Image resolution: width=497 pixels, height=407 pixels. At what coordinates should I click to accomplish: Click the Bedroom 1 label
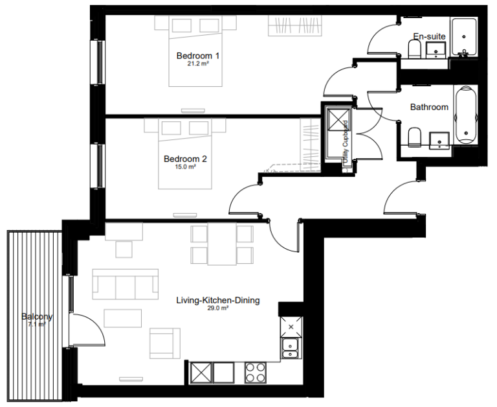(x=198, y=56)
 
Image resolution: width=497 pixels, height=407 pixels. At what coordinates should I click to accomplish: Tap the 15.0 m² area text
(x=185, y=167)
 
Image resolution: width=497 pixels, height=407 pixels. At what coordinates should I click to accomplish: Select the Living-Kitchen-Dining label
(x=218, y=300)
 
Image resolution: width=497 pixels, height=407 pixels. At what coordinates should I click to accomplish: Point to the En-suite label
(x=429, y=36)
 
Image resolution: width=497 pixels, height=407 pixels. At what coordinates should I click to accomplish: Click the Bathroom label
(x=429, y=107)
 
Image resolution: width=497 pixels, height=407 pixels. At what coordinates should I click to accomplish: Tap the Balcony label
(x=36, y=317)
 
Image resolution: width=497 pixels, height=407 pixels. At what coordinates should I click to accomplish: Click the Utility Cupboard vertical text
(x=346, y=139)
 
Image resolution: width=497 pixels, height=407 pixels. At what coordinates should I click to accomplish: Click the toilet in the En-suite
(x=415, y=49)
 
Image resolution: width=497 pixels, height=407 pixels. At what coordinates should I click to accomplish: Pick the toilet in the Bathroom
(x=415, y=137)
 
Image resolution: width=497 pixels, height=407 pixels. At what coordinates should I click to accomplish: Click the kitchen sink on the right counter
(x=291, y=348)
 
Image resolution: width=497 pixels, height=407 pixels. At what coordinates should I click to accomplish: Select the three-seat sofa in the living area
(x=126, y=284)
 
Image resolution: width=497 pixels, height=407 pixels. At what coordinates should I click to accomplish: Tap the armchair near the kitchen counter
(x=164, y=342)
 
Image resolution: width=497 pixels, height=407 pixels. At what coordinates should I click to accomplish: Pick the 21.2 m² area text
(x=197, y=64)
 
